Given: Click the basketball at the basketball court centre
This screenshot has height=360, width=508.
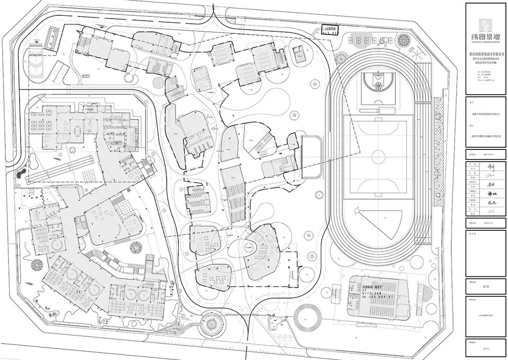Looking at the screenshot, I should coord(378,85).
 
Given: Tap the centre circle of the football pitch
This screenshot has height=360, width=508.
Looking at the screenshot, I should coord(378,157).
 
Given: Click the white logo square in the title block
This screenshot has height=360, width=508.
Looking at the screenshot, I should coord(485,24).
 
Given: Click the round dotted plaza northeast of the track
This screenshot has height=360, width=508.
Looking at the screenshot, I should coord(404,40).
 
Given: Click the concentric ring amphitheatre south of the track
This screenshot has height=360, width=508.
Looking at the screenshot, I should coord(307,316).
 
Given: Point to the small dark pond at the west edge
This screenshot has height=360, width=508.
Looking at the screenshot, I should coord(21,173).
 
